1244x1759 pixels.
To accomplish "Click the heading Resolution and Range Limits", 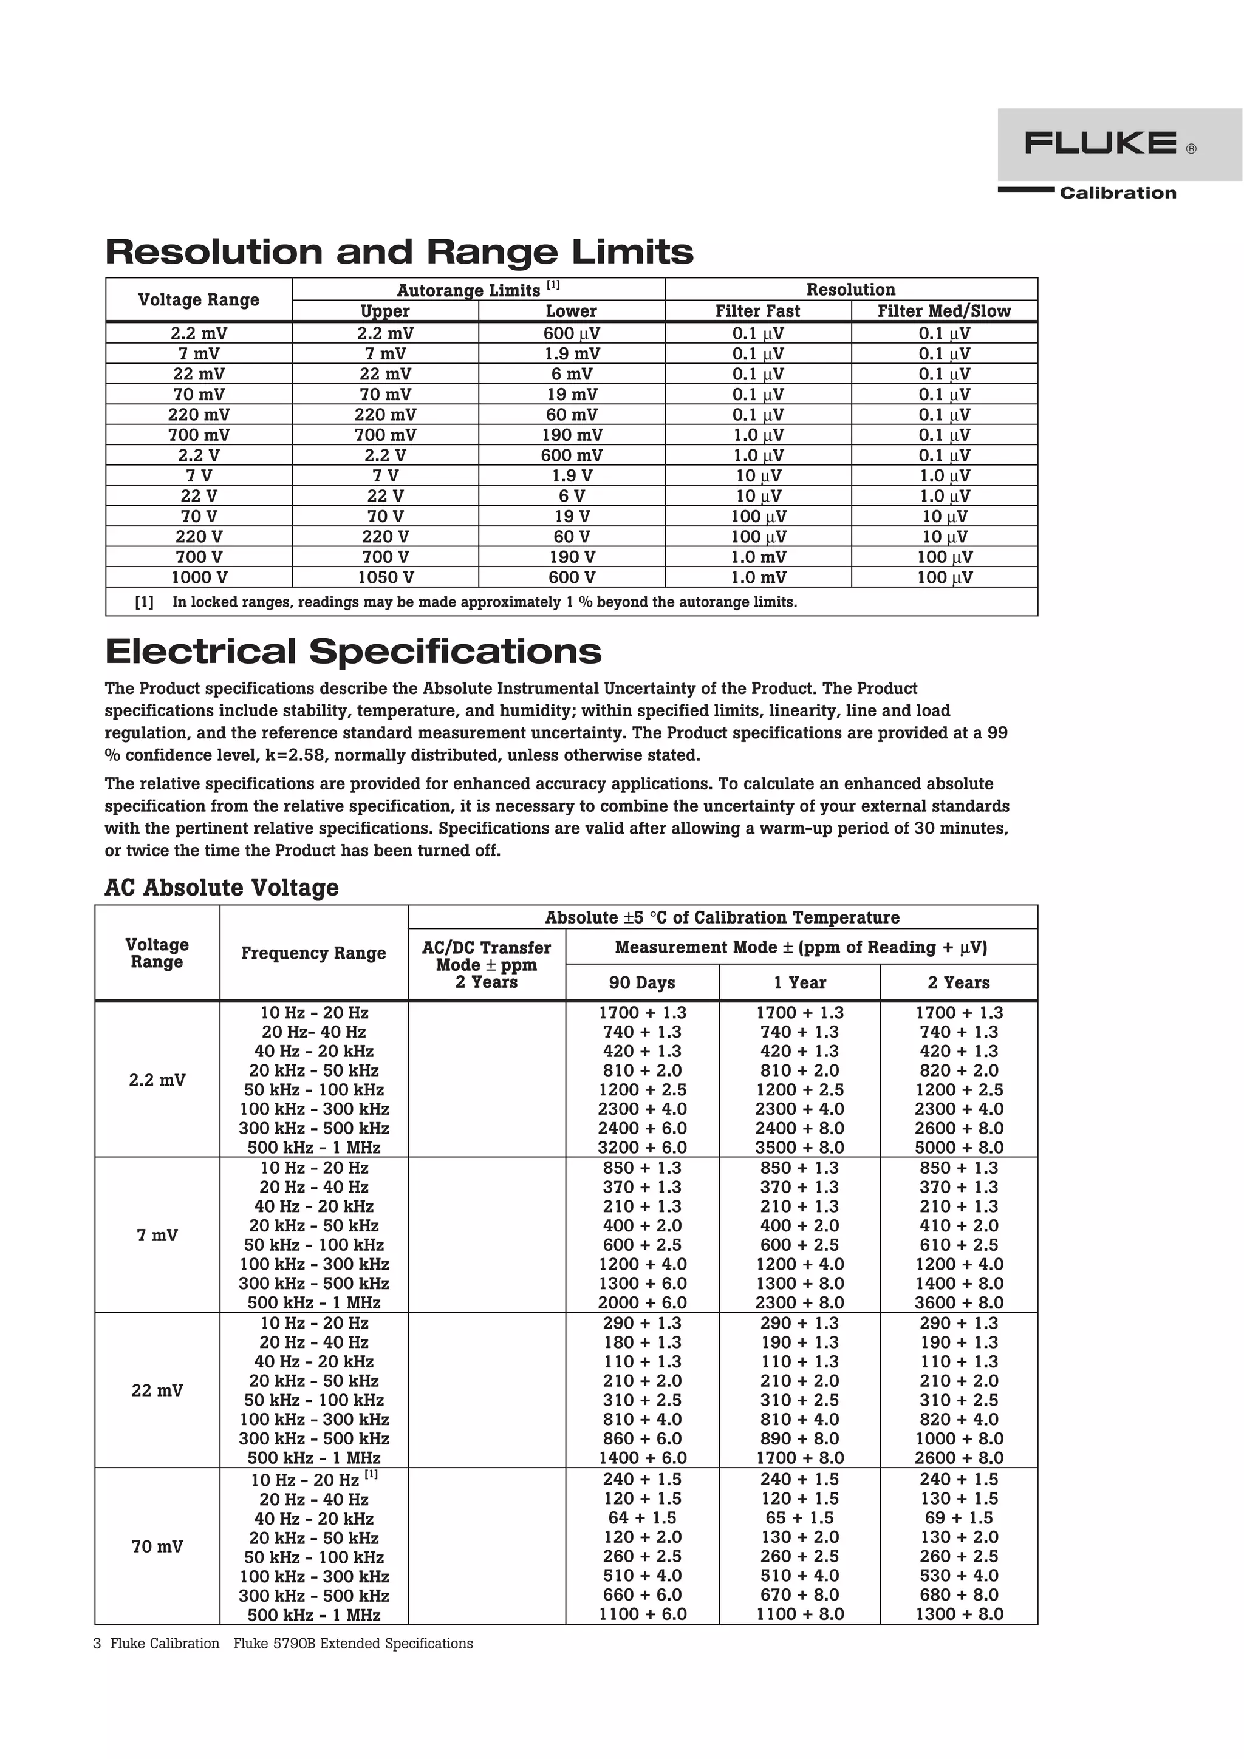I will [x=398, y=252].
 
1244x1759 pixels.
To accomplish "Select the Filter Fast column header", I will [x=757, y=311].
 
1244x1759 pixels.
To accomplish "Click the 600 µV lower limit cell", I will [x=571, y=333].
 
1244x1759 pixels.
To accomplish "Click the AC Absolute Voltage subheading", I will [x=222, y=887].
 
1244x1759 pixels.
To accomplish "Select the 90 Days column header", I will [x=641, y=983].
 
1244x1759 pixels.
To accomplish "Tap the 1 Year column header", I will [x=799, y=983].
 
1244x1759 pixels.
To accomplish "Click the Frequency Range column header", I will [x=313, y=953].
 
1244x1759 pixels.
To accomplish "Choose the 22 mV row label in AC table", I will [x=157, y=1390].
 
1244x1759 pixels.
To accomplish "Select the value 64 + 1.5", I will [x=641, y=1518].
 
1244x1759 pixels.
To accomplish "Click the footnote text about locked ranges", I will [x=484, y=602].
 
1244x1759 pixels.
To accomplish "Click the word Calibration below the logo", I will [x=1118, y=193].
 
